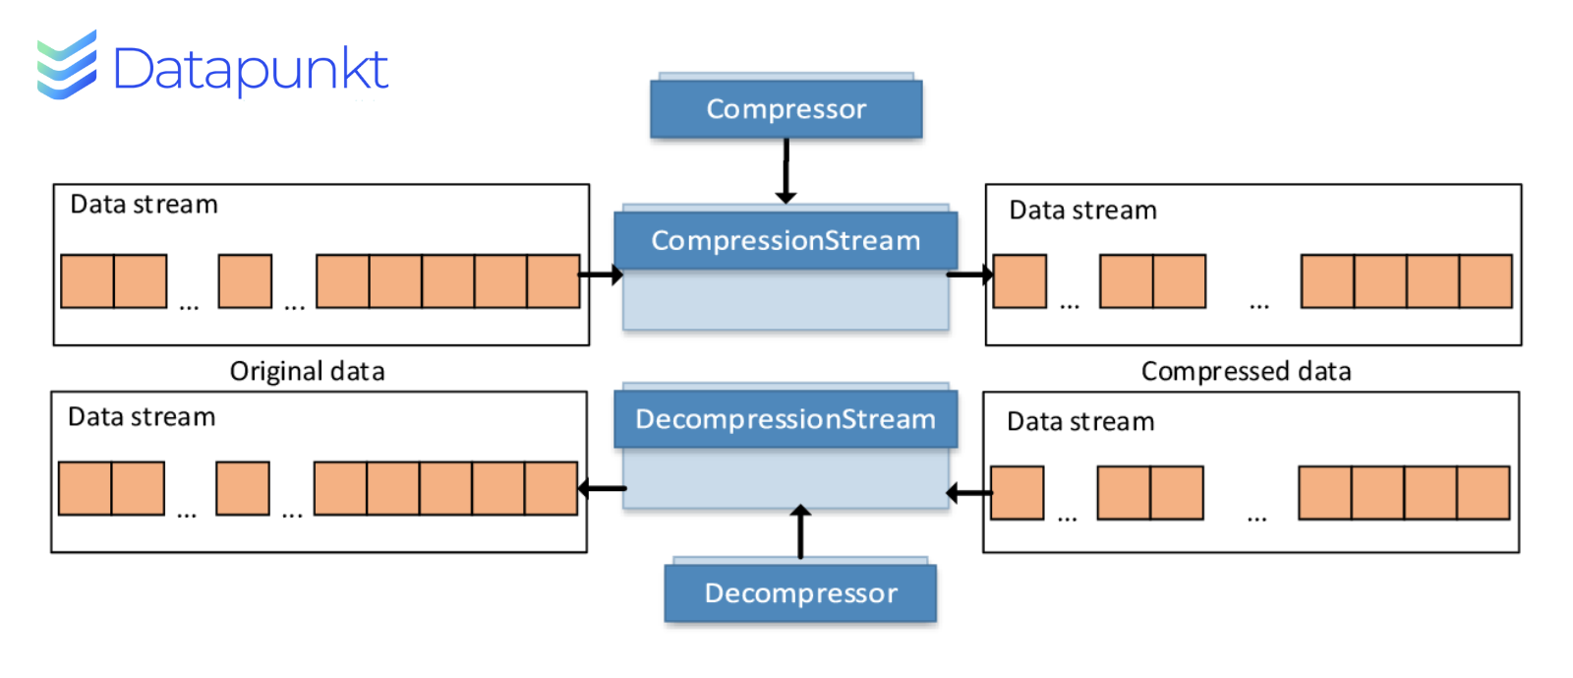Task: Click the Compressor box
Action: pyautogui.click(x=786, y=109)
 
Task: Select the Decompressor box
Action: pyautogui.click(x=800, y=593)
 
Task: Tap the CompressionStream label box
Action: pyautogui.click(x=786, y=240)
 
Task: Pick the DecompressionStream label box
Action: pyautogui.click(x=786, y=419)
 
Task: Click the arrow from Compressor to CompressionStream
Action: pyautogui.click(x=786, y=170)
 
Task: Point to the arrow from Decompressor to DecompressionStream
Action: pyautogui.click(x=800, y=531)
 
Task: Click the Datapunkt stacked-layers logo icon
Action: pyautogui.click(x=67, y=65)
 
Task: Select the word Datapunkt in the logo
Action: pyautogui.click(x=251, y=69)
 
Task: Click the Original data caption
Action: pyautogui.click(x=307, y=371)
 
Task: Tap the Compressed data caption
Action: pyautogui.click(x=1246, y=371)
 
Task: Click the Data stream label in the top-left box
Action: pyautogui.click(x=144, y=205)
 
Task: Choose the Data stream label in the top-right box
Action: pyautogui.click(x=1082, y=210)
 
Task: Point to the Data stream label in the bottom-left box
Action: pyautogui.click(x=142, y=417)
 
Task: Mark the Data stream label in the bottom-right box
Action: pyautogui.click(x=1080, y=421)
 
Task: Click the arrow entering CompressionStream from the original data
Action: pyautogui.click(x=601, y=274)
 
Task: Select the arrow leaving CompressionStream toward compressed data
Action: pyautogui.click(x=969, y=274)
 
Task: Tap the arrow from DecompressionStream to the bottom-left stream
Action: pyautogui.click(x=602, y=488)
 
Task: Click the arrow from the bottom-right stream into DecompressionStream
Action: pyautogui.click(x=969, y=493)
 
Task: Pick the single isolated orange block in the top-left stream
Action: pyautogui.click(x=245, y=281)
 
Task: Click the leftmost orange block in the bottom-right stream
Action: pyautogui.click(x=1017, y=493)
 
